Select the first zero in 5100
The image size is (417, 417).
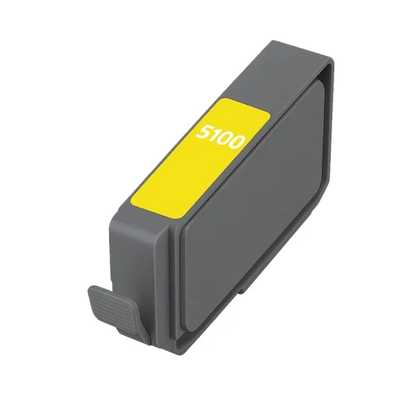(x=226, y=138)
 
